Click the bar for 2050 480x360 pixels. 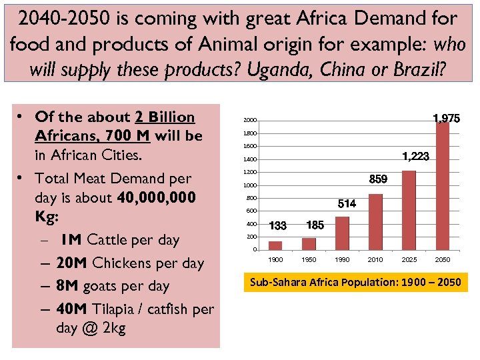pyautogui.click(x=443, y=186)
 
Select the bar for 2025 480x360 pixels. pyautogui.click(x=409, y=210)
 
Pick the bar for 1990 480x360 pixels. pyautogui.click(x=342, y=233)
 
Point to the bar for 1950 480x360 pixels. pyautogui.click(x=309, y=243)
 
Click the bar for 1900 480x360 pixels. pyautogui.click(x=275, y=245)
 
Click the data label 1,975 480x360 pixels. pyautogui.click(x=445, y=119)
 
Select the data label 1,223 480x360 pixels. pyautogui.click(x=415, y=156)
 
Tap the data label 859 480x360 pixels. pyautogui.click(x=378, y=180)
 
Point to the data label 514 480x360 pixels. pyautogui.click(x=347, y=203)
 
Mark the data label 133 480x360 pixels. pyautogui.click(x=277, y=226)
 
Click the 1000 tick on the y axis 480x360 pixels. pyautogui.click(x=249, y=185)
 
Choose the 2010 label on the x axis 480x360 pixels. pyautogui.click(x=375, y=259)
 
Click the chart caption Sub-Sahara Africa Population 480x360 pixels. pyautogui.click(x=355, y=283)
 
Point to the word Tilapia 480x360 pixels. pyautogui.click(x=120, y=309)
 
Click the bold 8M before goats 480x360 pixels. pyautogui.click(x=67, y=286)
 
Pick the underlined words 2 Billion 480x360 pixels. pyautogui.click(x=165, y=117)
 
